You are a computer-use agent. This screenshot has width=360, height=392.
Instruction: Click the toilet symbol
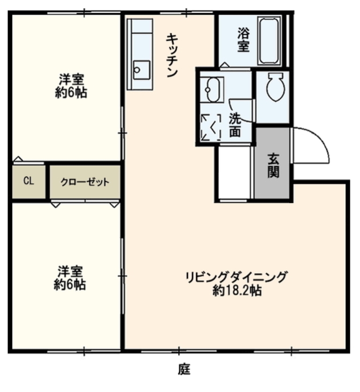[x=276, y=86]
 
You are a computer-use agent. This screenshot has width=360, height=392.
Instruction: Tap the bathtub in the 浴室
[x=269, y=41]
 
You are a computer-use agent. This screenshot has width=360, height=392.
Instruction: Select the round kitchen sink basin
[x=137, y=70]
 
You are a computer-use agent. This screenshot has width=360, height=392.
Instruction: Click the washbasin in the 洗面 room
[x=212, y=90]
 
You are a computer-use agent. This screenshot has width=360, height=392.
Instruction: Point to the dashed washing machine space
[x=211, y=127]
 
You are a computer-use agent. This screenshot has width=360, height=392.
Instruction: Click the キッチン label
[x=172, y=55]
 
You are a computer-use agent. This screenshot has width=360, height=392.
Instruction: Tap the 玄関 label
[x=273, y=165]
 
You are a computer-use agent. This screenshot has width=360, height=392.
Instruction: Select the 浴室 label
[x=243, y=39]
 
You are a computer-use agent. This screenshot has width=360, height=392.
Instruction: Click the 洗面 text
[x=235, y=125]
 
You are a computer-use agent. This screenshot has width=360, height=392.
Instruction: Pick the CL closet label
[x=29, y=181]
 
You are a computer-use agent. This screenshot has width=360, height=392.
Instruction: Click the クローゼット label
[x=85, y=182]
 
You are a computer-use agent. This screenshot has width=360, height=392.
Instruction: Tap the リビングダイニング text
[x=236, y=277]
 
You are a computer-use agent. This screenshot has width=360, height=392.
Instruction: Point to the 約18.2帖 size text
[x=237, y=291]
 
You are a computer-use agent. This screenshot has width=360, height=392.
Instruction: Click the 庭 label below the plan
[x=184, y=369]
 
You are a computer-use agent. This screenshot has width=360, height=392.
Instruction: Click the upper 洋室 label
[x=71, y=80]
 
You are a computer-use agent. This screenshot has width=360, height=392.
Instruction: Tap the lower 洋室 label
[x=70, y=271]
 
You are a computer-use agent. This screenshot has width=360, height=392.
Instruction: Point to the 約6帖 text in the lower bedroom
[x=70, y=285]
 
